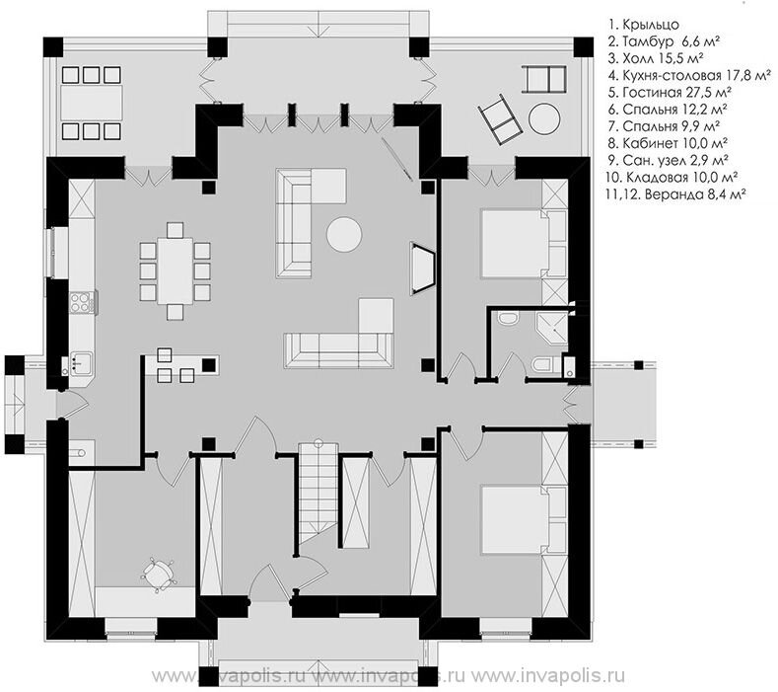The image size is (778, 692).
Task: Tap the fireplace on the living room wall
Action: point(422,269)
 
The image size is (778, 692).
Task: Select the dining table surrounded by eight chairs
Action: point(176,270)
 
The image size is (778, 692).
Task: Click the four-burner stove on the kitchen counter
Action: point(81,302)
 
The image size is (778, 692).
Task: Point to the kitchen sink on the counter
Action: point(81,363)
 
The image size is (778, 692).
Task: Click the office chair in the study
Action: point(159,576)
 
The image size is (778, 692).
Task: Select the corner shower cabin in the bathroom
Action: point(552,328)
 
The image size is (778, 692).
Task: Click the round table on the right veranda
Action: point(544,118)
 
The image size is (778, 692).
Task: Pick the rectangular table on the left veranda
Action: point(92,104)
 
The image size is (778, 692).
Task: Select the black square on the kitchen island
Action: point(209,365)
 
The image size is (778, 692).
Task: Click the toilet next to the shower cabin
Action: point(541,364)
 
